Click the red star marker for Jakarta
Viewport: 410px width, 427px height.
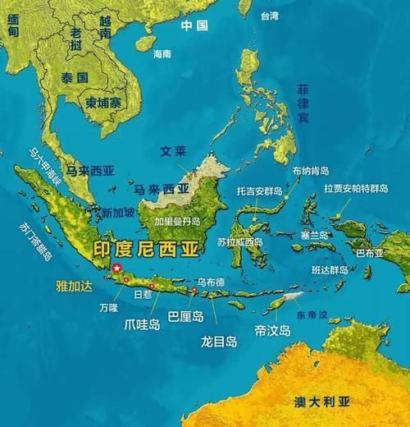(x=117, y=269)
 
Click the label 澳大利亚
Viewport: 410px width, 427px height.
(x=321, y=402)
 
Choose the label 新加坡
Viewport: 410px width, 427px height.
(x=118, y=212)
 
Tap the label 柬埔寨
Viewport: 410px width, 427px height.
(x=103, y=103)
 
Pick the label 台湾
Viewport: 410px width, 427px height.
(x=269, y=16)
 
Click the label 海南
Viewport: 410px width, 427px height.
(x=162, y=53)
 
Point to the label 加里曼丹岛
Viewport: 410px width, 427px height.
(x=177, y=222)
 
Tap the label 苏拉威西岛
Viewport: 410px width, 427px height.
(x=240, y=242)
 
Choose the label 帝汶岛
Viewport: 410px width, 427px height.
(x=272, y=330)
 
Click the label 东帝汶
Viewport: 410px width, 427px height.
(x=311, y=315)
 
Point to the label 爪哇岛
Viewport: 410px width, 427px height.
(x=144, y=323)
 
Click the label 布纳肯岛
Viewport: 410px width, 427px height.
(x=310, y=171)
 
